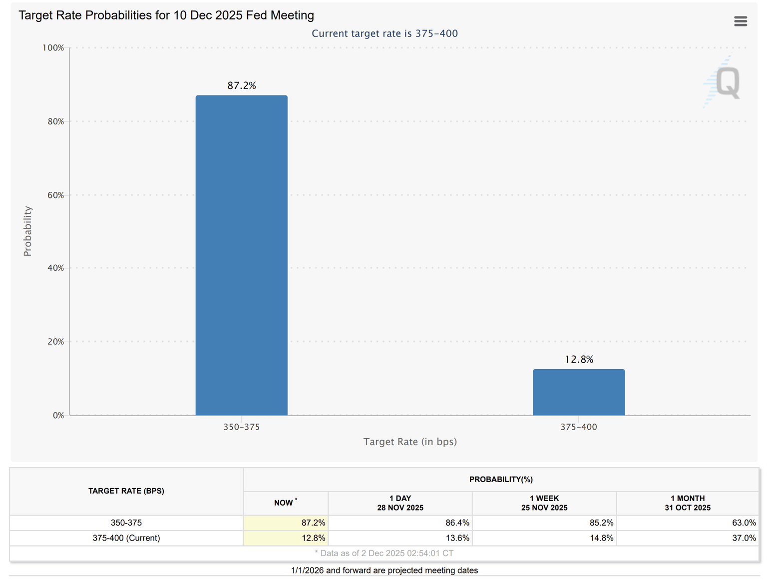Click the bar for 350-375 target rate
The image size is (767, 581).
241,255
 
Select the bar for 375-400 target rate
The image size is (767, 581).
578,392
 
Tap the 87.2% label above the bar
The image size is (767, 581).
242,85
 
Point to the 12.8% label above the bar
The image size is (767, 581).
579,359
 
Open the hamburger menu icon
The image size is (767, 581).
740,21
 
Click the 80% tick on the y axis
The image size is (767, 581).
56,121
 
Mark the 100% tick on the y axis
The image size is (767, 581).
53,48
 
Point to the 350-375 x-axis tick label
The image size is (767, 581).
241,427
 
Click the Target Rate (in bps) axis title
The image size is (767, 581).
409,442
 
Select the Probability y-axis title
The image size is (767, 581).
27,231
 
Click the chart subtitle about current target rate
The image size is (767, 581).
384,33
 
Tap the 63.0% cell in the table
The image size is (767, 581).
744,523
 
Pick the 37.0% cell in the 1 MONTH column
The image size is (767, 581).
744,538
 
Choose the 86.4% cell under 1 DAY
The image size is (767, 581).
457,523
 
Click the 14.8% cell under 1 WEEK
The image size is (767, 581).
601,538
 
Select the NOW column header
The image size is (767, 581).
285,503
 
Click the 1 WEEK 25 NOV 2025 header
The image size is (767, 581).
544,503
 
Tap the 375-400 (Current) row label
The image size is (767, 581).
126,538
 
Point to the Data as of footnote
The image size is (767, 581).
384,553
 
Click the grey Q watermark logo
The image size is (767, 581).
727,82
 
